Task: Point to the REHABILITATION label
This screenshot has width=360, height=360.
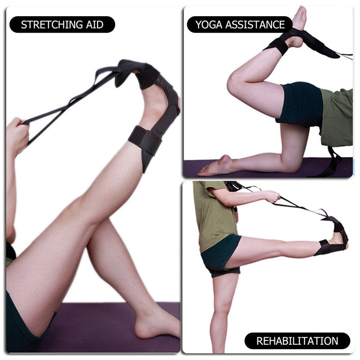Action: (297, 341)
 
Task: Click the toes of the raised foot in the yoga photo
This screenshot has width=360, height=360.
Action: (301, 13)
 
